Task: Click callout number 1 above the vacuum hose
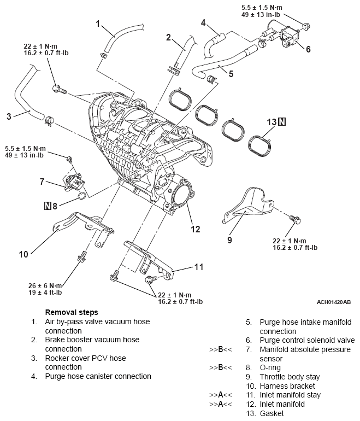point(98,24)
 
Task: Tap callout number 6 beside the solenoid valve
point(308,50)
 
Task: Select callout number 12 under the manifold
point(194,229)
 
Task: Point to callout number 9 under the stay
point(229,239)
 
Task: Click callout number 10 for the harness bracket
point(23,254)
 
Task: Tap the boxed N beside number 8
point(48,206)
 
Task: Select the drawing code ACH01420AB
point(333,301)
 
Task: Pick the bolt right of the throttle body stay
point(297,219)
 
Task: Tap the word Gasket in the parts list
point(272,414)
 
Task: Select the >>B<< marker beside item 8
point(221,368)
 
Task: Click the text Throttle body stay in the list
point(290,377)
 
